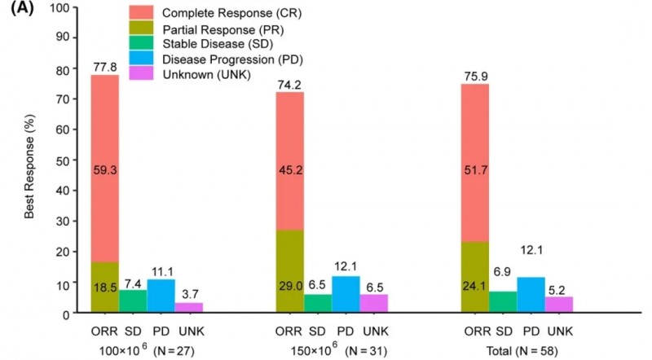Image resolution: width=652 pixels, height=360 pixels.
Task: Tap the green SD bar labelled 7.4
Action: pos(133,301)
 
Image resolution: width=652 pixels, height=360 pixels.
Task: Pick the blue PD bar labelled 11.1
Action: pos(160,296)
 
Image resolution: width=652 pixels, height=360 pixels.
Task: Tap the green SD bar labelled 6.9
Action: pos(503,302)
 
